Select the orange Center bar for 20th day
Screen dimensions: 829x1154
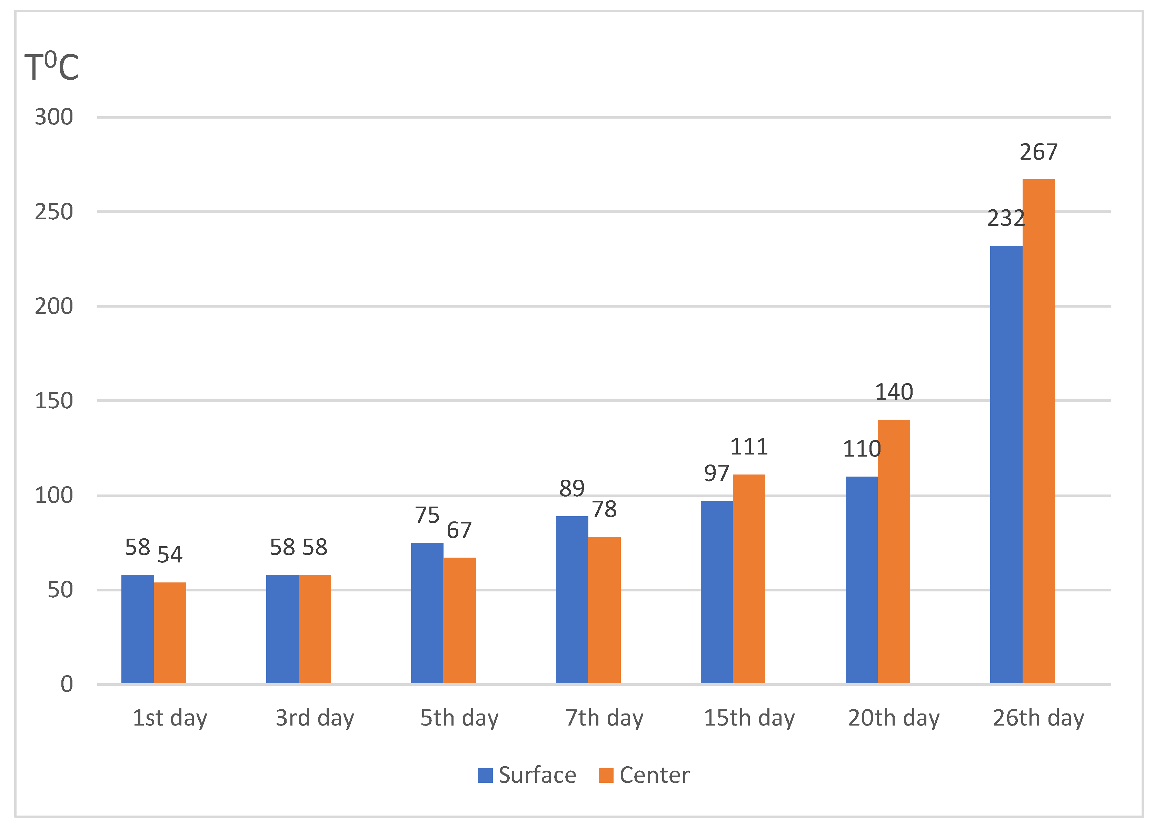(x=894, y=551)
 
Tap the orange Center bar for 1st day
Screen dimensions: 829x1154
(x=170, y=632)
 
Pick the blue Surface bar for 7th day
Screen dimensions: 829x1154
(x=571, y=599)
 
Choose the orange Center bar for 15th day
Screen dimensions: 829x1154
(x=748, y=579)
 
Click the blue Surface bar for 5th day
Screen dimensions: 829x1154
(x=427, y=613)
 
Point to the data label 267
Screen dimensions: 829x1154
(x=1038, y=152)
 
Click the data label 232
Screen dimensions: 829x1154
(x=1005, y=218)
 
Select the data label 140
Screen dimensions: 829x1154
(x=894, y=392)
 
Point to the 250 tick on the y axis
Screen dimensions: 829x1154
(x=54, y=212)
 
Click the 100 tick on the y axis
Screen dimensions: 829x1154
(x=54, y=496)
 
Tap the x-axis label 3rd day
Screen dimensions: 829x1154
(x=315, y=718)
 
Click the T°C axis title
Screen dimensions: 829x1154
(x=52, y=67)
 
